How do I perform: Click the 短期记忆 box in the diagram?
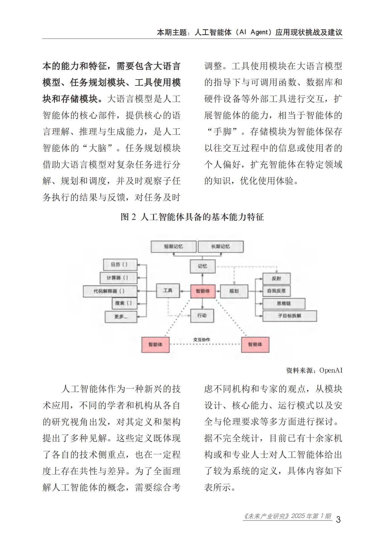click(x=173, y=247)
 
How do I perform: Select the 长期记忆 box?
click(x=220, y=247)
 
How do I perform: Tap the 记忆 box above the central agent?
click(x=203, y=266)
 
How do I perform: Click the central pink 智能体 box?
click(x=203, y=291)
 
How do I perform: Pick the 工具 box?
click(x=168, y=291)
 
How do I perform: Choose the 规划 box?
click(x=234, y=291)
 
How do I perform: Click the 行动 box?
click(x=202, y=316)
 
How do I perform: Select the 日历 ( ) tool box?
click(x=120, y=265)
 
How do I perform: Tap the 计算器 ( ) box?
click(x=118, y=278)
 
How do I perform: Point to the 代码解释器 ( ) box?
click(x=110, y=291)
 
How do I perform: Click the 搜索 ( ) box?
click(x=124, y=303)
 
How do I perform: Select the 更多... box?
click(x=121, y=317)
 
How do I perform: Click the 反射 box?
click(x=276, y=279)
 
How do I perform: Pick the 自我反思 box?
click(x=276, y=291)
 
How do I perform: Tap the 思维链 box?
click(x=283, y=303)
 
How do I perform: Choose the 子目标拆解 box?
click(x=289, y=316)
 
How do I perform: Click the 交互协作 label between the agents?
click(x=201, y=340)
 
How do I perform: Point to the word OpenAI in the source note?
click(x=331, y=370)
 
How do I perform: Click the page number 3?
click(x=338, y=519)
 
